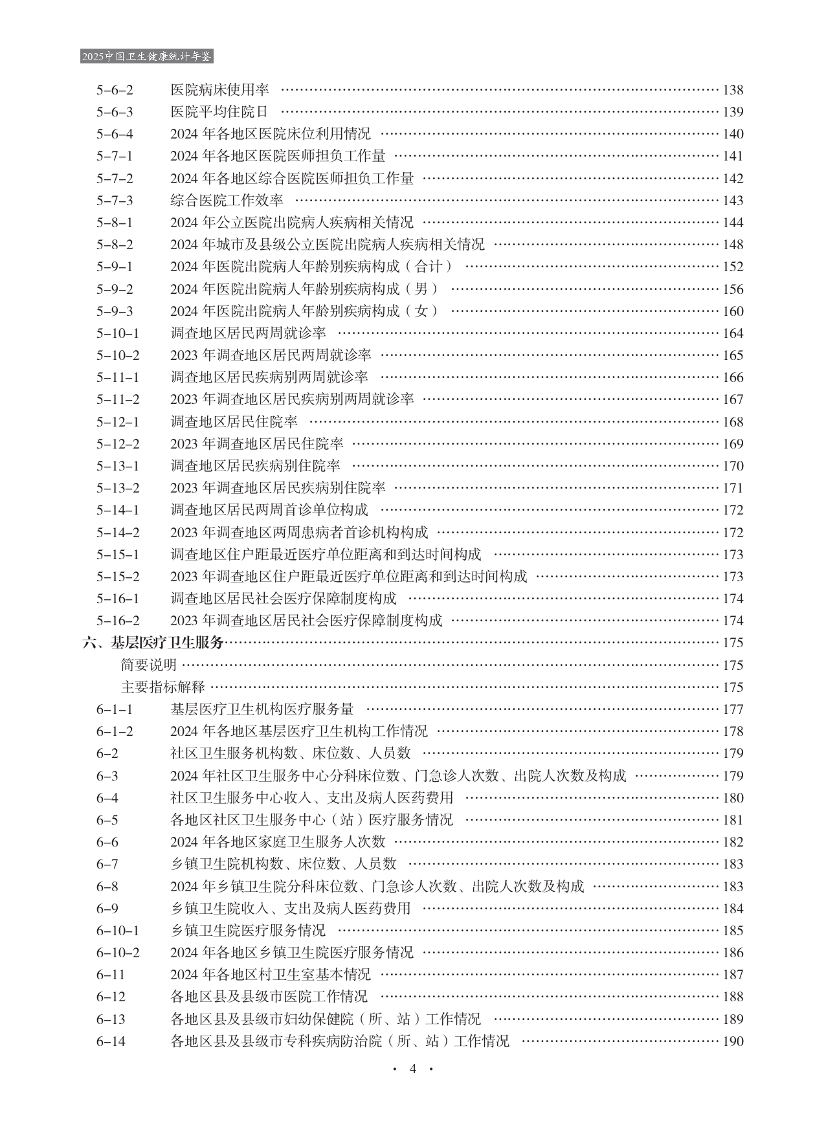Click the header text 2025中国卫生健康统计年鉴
pyautogui.click(x=147, y=57)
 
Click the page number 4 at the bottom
pyautogui.click(x=412, y=1069)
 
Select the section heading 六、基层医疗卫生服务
pyautogui.click(x=153, y=643)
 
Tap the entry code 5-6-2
pyautogui.click(x=115, y=90)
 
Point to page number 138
pyautogui.click(x=733, y=90)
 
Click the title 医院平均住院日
pyautogui.click(x=219, y=112)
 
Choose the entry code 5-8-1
pyautogui.click(x=115, y=223)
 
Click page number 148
pyautogui.click(x=733, y=245)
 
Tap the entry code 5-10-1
pyautogui.click(x=118, y=333)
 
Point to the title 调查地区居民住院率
pyautogui.click(x=234, y=422)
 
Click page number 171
pyautogui.click(x=733, y=488)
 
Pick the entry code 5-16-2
pyautogui.click(x=118, y=621)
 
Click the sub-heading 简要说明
pyautogui.click(x=149, y=665)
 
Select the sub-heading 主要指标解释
pyautogui.click(x=163, y=687)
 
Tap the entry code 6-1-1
pyautogui.click(x=115, y=709)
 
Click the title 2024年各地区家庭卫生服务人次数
pyautogui.click(x=278, y=842)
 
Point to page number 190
pyautogui.click(x=733, y=1041)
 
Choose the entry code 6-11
pyautogui.click(x=111, y=975)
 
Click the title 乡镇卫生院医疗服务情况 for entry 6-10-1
pyautogui.click(x=248, y=931)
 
